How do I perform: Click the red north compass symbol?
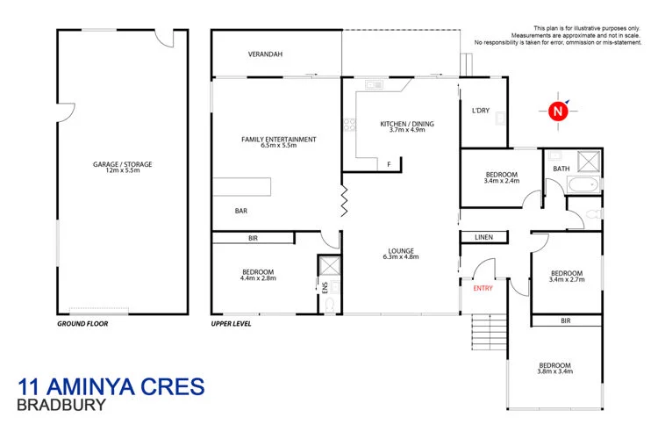pos(556,111)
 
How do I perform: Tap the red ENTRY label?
pos(483,288)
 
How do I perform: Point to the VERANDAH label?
pos(265,54)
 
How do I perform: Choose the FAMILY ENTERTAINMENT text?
pos(279,139)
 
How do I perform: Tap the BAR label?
pos(240,212)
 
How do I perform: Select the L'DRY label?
pos(480,111)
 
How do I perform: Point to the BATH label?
pos(560,168)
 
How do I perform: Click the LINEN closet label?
pos(483,237)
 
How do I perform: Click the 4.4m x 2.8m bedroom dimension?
pos(258,279)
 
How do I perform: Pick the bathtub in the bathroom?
pos(580,184)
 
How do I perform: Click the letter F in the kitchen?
pos(388,164)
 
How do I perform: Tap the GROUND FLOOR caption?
pos(82,323)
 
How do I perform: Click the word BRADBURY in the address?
pos(62,406)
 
